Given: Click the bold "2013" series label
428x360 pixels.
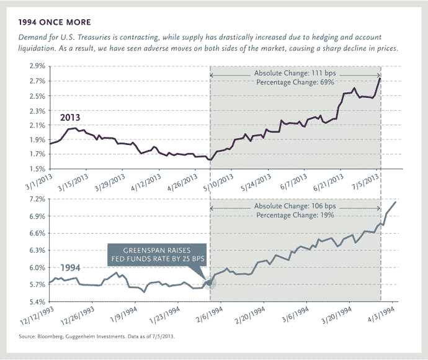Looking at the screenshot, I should pos(70,117).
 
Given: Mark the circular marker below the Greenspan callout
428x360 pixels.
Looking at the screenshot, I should pos(208,283).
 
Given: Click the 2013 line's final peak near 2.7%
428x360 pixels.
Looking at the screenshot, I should pos(380,79).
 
